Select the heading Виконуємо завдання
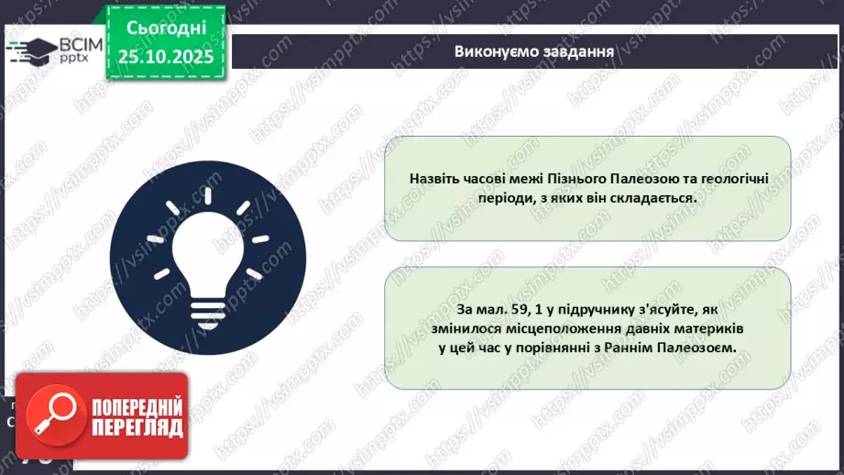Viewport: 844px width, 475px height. pyautogui.click(x=533, y=50)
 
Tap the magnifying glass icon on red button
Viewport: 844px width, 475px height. pyautogui.click(x=51, y=414)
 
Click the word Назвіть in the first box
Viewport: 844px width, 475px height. pyautogui.click(x=436, y=178)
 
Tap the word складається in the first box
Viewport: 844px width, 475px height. pyautogui.click(x=652, y=197)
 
